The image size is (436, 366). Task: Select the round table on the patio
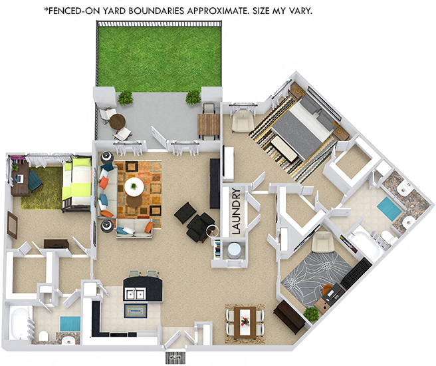(117, 122)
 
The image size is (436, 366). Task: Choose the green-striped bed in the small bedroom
(76, 182)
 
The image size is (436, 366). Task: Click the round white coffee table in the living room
(134, 186)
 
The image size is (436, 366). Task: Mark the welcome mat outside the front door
(176, 357)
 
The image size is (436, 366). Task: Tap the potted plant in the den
(310, 313)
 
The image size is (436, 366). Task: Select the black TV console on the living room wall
(215, 182)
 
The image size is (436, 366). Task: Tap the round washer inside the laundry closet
(233, 251)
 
